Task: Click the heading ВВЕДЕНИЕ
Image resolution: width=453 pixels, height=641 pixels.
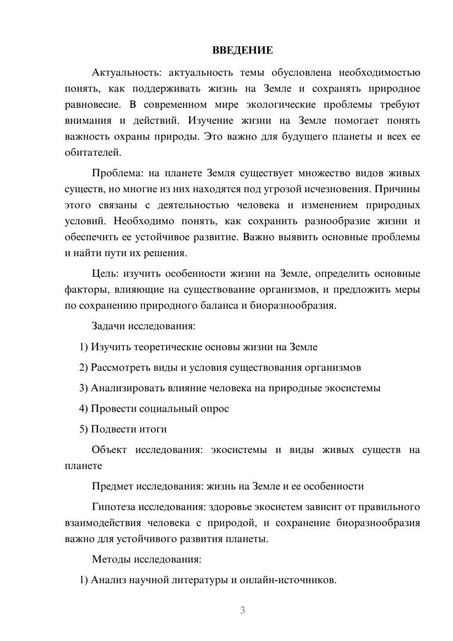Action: [x=242, y=50]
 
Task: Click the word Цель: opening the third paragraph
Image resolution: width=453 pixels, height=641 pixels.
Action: [x=105, y=274]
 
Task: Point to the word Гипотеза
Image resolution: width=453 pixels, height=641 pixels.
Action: [x=113, y=507]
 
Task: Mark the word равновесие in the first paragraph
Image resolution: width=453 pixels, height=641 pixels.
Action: [x=92, y=105]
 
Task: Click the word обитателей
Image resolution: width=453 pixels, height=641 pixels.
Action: [x=93, y=153]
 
